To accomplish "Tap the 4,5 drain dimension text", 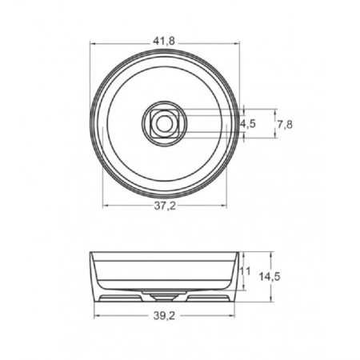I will (250, 124).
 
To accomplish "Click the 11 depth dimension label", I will (246, 271).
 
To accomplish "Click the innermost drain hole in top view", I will (165, 123).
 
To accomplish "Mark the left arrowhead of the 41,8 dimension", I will (91, 43).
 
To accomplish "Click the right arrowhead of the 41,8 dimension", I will (239, 43).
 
